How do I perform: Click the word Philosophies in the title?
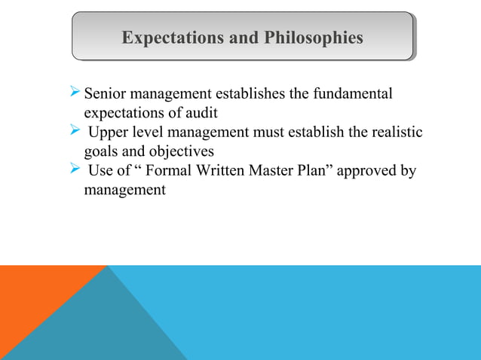314,38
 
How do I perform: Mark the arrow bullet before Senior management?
73,94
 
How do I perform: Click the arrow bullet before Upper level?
73,132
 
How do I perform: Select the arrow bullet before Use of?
73,169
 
